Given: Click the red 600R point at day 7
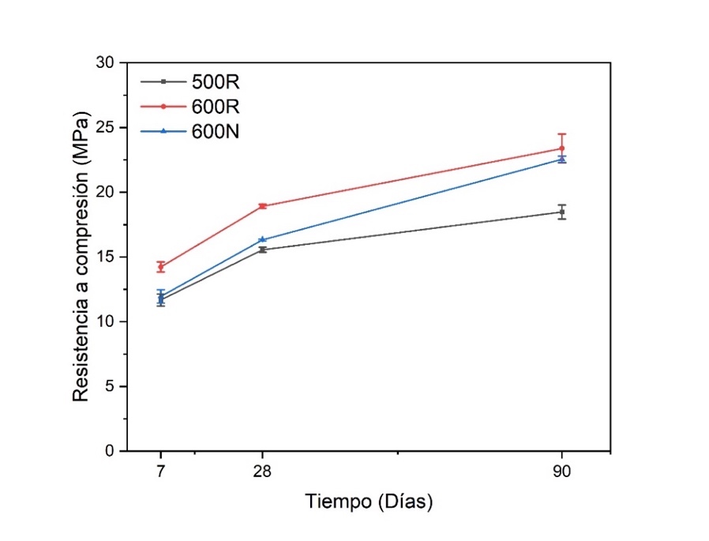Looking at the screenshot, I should pyautogui.click(x=161, y=267).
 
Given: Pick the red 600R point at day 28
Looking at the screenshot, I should pyautogui.click(x=262, y=206).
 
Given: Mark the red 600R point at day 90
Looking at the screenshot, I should pyautogui.click(x=562, y=148).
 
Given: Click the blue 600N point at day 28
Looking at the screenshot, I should pyautogui.click(x=262, y=239).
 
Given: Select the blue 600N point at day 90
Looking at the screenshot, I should pyautogui.click(x=562, y=160).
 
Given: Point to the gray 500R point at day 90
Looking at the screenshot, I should pyautogui.click(x=562, y=212).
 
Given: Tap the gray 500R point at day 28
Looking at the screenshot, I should pyautogui.click(x=262, y=250).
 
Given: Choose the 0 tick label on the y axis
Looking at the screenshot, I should pyautogui.click(x=111, y=451).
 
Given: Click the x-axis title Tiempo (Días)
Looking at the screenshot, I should pyautogui.click(x=370, y=502).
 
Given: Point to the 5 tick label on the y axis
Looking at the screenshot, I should pyautogui.click(x=111, y=386).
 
